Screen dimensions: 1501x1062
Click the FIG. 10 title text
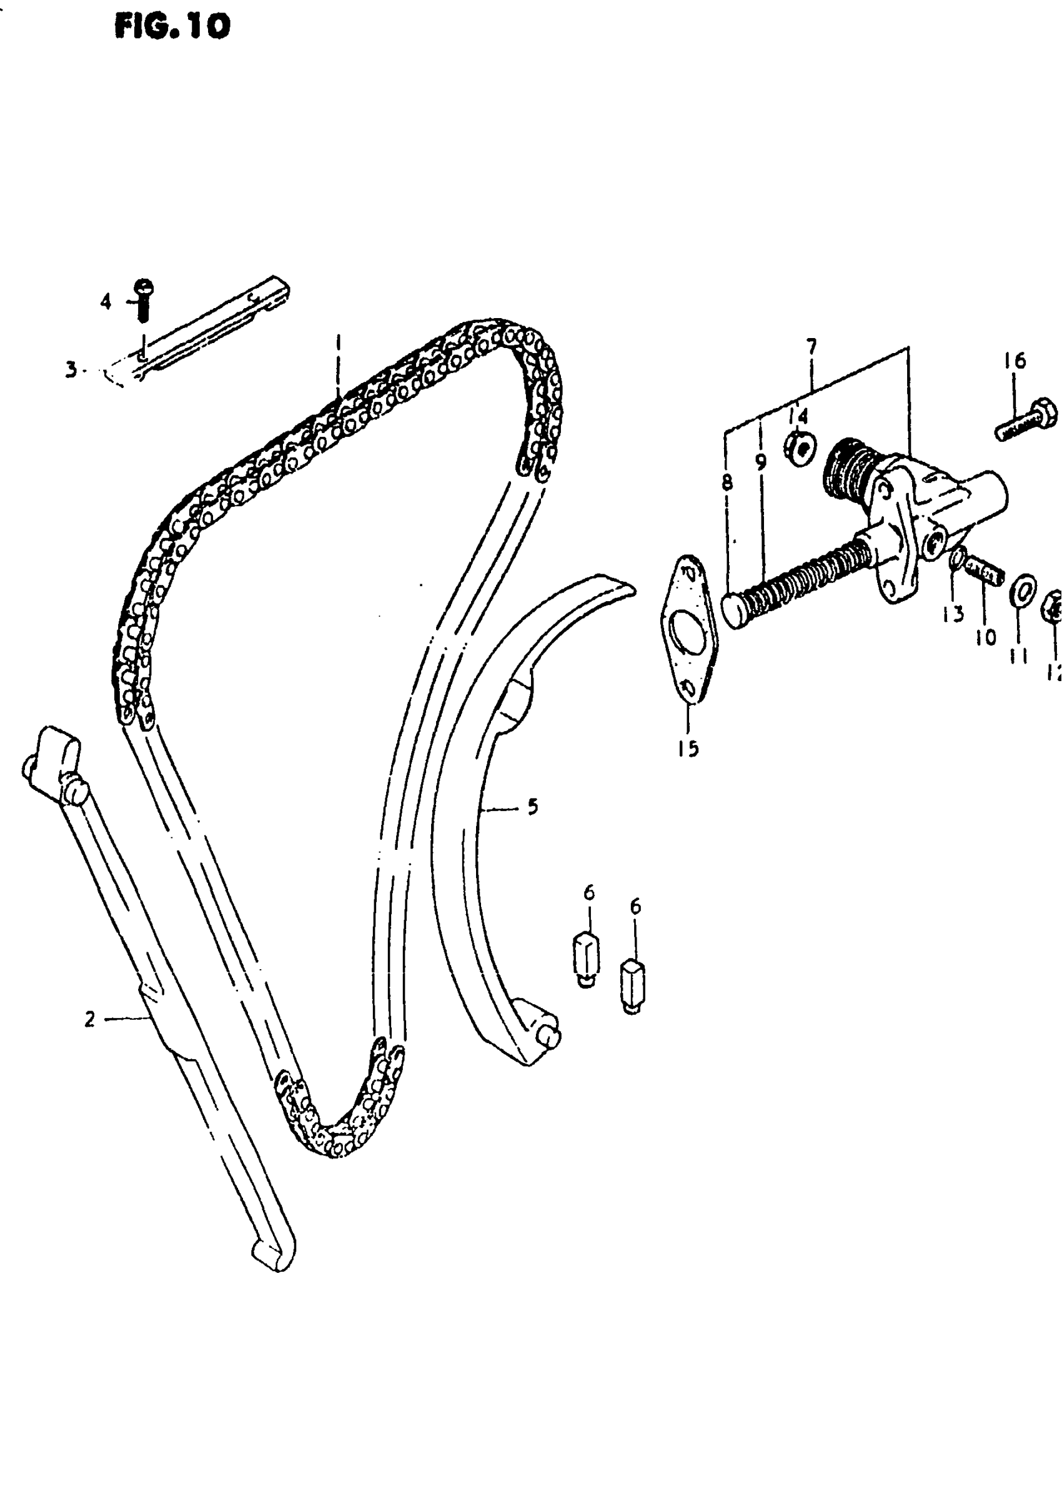pos(172,27)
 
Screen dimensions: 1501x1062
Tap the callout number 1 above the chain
pos(338,342)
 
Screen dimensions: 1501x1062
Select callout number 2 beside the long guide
pos(89,1019)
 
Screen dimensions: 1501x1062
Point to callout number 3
pos(71,369)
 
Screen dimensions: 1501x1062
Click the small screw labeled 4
pos(143,300)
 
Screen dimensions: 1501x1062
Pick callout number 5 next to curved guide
pos(532,807)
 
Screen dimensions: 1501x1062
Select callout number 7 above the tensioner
pos(811,346)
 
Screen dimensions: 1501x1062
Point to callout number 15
pos(688,748)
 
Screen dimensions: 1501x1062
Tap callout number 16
pos(1015,361)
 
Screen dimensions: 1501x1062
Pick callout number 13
pos(953,614)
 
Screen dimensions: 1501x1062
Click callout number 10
pos(986,636)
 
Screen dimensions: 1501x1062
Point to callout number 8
pos(727,482)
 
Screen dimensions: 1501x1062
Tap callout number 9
pos(760,463)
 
